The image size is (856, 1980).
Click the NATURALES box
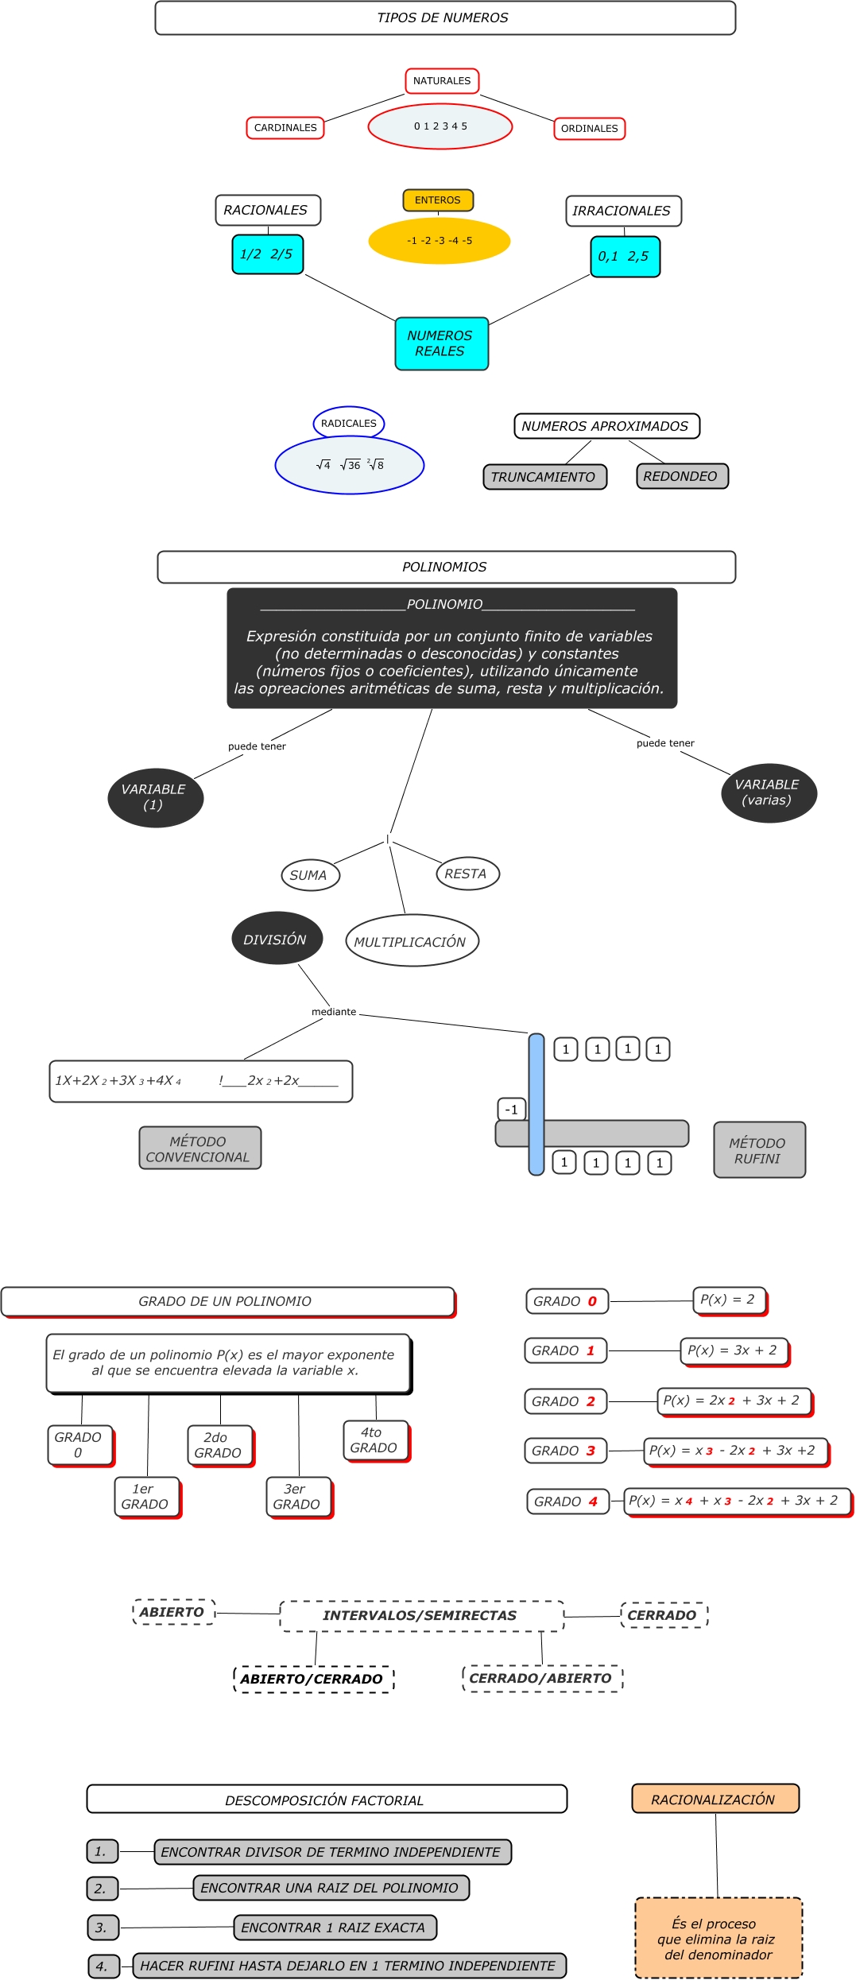[442, 81]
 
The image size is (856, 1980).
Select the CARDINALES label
[285, 127]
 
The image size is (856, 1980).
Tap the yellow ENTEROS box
[438, 200]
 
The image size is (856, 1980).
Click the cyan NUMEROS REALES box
[441, 343]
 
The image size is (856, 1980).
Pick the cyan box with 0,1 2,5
[625, 257]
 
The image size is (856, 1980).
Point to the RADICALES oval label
[349, 423]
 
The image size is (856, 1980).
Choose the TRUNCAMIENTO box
[544, 477]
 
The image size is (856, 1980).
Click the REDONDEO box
[682, 476]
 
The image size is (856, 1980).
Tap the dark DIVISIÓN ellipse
[277, 939]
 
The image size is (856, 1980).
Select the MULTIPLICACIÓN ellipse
[412, 941]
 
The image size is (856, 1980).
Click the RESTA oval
[467, 874]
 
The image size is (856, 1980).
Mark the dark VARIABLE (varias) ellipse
[769, 792]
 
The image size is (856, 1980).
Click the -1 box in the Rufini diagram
[512, 1109]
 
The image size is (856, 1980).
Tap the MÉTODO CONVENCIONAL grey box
[199, 1149]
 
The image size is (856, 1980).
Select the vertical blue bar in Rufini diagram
[536, 1104]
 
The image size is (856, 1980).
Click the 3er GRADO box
[298, 1497]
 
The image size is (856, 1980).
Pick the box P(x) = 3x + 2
[734, 1350]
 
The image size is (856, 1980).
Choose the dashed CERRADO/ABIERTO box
[542, 1678]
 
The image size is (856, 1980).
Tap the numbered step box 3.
[103, 1928]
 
